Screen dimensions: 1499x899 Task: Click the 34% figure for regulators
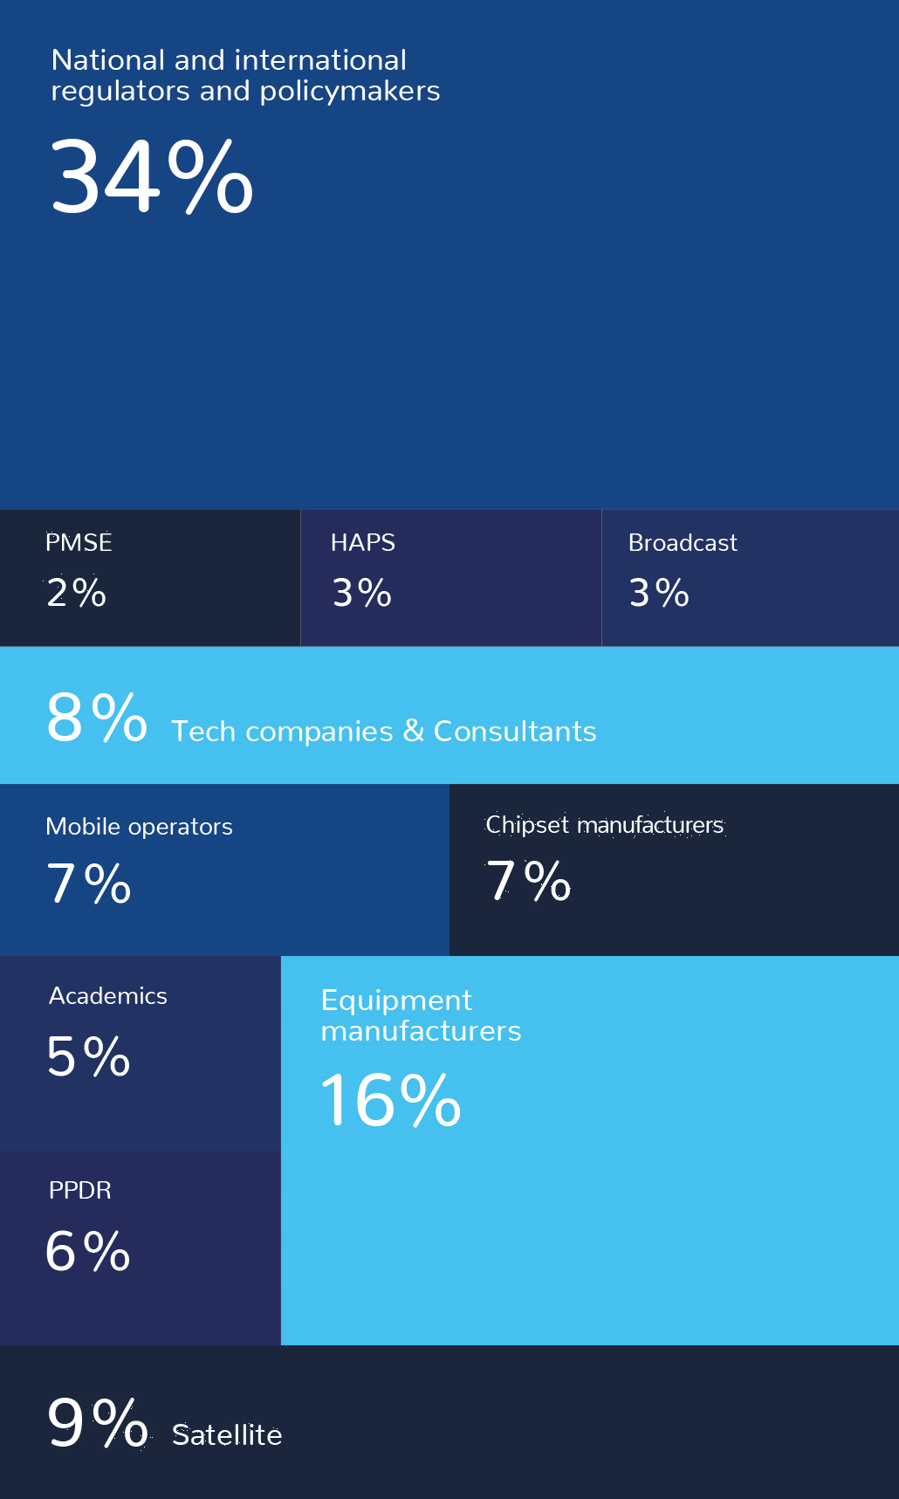152,177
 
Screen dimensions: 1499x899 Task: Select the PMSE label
79,543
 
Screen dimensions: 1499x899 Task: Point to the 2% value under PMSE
77,594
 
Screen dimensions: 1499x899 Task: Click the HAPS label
363,543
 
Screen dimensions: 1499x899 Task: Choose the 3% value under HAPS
362,594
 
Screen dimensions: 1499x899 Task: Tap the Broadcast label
683,543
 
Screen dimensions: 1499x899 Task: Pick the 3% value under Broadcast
660,594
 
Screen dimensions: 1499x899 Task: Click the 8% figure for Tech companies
97,719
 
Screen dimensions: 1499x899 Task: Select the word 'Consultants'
515,732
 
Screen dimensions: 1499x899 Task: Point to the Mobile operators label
139,827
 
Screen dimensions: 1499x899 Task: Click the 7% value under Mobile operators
89,884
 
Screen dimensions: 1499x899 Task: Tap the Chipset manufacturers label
604,825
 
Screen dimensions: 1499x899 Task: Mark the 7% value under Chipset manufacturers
529,881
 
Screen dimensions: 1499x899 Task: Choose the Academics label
108,996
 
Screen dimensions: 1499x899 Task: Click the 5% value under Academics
89,1057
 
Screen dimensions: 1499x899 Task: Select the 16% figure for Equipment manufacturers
391,1101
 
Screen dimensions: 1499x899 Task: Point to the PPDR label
80,1191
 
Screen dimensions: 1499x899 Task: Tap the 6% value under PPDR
88,1252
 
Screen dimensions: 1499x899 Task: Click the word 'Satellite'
227,1435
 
